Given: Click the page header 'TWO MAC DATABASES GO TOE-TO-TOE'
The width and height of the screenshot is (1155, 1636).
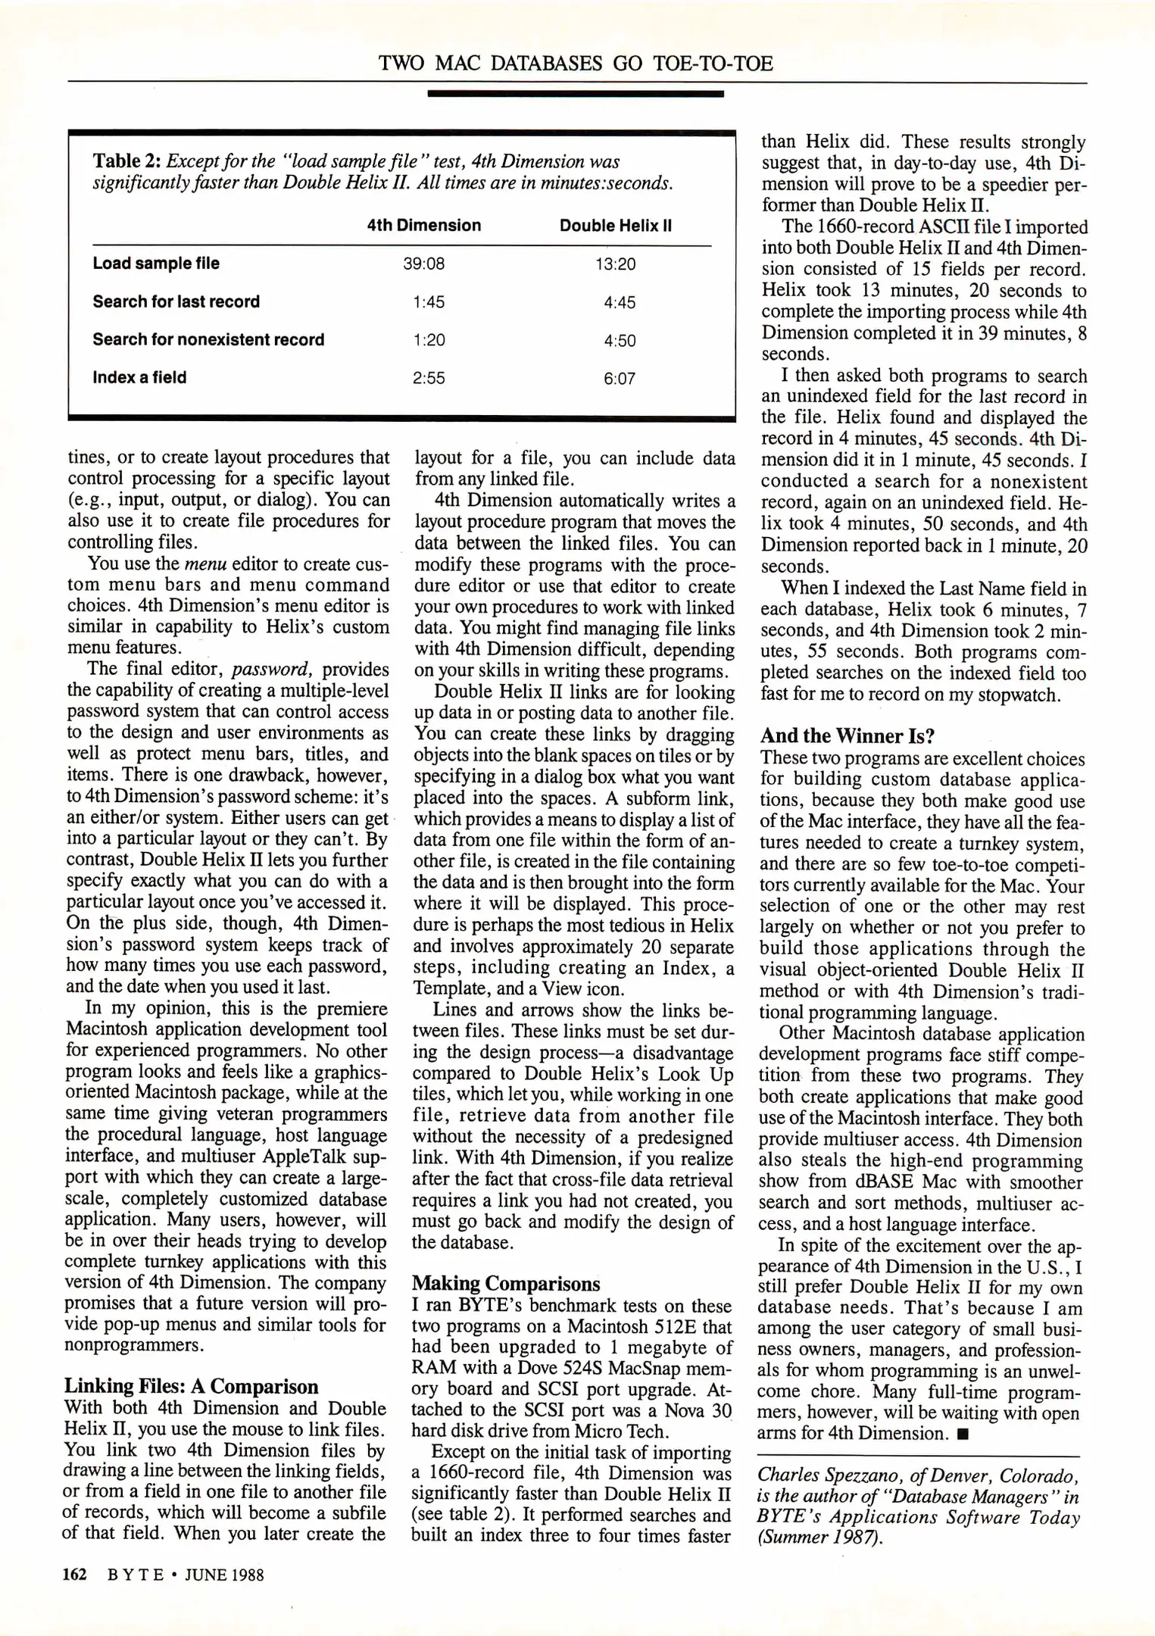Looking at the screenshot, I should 576,63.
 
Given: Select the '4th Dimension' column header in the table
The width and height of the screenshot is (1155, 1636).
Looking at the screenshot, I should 423,226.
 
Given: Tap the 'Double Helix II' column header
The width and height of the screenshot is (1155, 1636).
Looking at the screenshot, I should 615,226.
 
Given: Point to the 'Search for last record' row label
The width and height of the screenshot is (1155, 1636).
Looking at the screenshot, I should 176,301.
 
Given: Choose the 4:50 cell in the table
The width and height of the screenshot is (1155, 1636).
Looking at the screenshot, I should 620,341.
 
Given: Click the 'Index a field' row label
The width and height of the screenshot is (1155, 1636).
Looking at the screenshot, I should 139,377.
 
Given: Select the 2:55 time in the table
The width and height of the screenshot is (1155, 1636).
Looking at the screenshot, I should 429,378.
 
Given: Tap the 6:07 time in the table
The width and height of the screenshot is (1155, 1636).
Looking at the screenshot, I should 620,378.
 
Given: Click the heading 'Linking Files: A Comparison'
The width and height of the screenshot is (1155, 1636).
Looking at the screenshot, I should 191,1386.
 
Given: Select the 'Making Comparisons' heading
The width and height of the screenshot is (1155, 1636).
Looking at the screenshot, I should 506,1284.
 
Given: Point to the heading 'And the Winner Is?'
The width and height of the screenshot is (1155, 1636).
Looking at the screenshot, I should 848,736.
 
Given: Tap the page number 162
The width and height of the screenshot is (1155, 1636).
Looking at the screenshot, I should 75,1575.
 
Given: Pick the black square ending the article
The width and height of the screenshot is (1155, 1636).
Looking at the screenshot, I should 962,1434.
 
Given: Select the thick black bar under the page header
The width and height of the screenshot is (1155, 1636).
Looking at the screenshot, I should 576,94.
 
